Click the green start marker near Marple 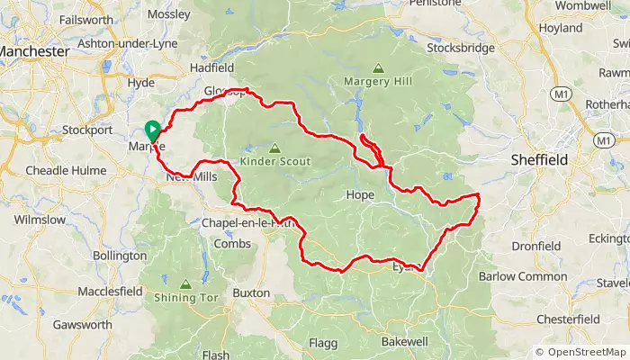152,130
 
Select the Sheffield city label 538,159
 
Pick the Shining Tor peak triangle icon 185,283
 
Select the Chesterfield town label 567,319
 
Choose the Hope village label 359,194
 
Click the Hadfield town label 212,67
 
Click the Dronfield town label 535,245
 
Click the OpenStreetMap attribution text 581,352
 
